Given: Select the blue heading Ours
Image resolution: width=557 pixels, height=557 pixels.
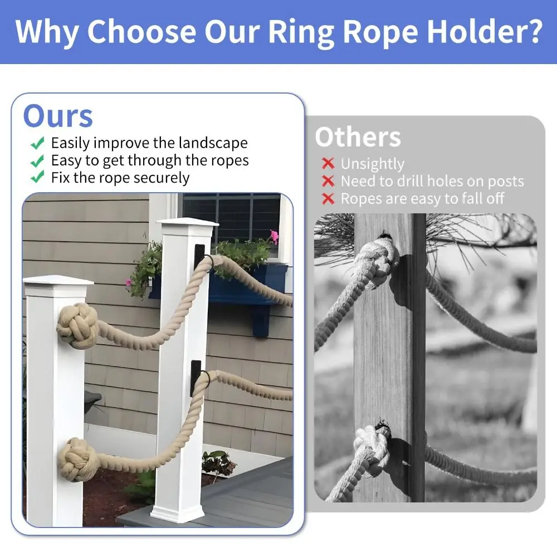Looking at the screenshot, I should pos(57,116).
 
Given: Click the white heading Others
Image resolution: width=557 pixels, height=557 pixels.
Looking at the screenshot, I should pos(358,137).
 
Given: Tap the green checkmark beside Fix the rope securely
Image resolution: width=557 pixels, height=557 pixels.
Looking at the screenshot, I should pos(37,178).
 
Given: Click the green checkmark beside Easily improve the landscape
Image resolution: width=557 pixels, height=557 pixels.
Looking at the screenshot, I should pos(37,143).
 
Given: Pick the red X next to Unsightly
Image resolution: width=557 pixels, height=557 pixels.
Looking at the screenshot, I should pos(328,164).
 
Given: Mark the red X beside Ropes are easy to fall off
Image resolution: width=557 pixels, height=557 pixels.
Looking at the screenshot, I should pos(328,199).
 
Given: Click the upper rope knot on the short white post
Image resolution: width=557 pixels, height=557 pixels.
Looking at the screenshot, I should pos(77,326).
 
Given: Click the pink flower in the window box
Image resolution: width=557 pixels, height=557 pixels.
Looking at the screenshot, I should pos(274,237).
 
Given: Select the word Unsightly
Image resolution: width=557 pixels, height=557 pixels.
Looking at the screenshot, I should pos(372,164).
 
